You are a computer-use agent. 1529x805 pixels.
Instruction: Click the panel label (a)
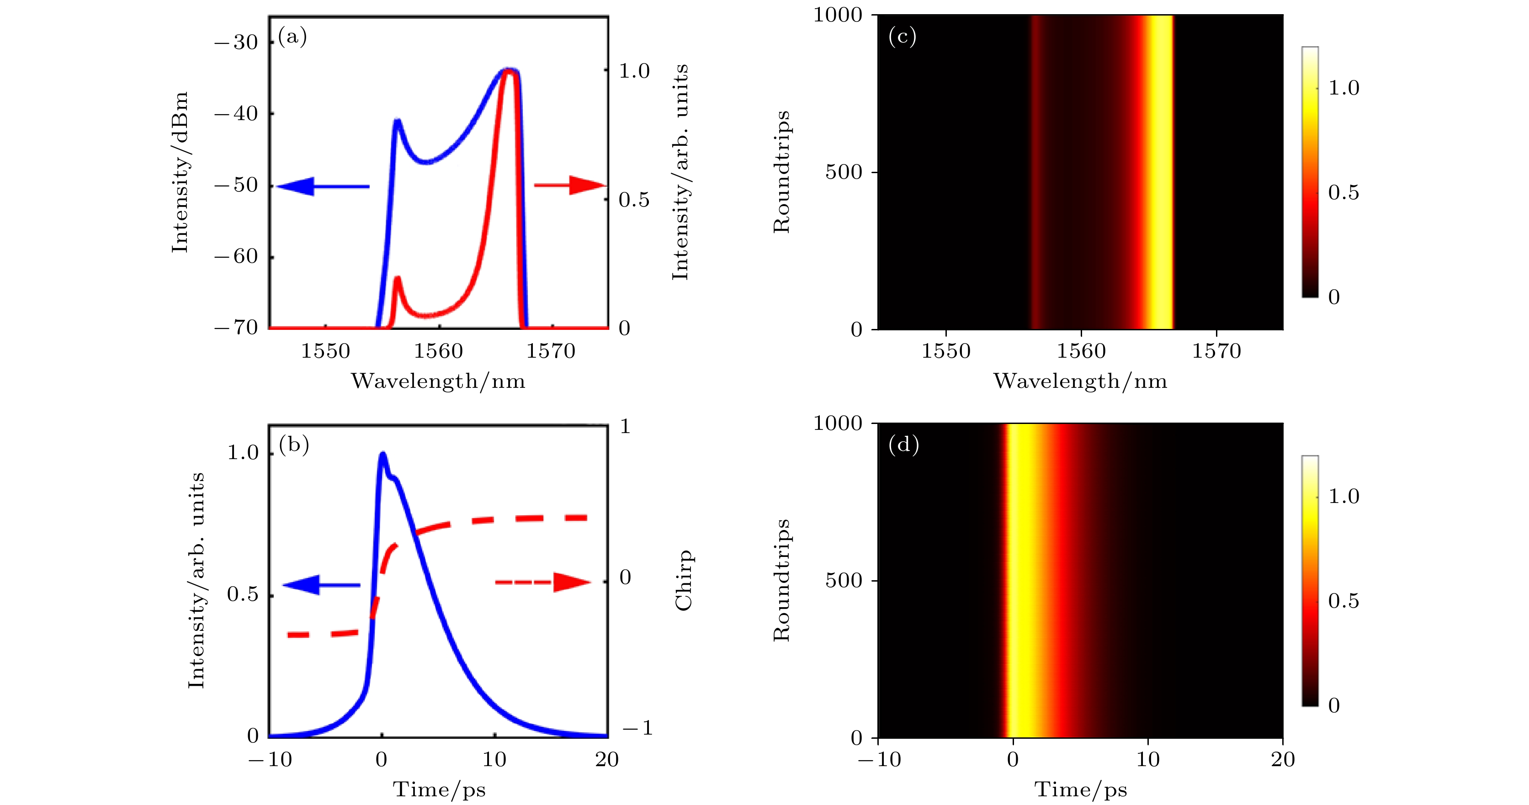292,37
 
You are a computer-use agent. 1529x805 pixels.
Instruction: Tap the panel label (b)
294,445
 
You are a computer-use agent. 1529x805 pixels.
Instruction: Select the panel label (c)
902,37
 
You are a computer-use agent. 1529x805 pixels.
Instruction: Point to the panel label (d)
903,445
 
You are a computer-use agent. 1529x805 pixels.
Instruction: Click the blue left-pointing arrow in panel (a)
322,186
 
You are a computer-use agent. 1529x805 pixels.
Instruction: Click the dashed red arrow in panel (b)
542,582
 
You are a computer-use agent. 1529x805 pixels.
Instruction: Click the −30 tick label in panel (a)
236,42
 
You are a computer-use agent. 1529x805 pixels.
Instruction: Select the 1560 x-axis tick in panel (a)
438,351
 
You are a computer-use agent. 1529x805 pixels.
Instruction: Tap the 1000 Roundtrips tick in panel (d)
837,424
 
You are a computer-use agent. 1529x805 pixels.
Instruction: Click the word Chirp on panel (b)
684,580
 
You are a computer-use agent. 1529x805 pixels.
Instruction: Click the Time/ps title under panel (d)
1080,789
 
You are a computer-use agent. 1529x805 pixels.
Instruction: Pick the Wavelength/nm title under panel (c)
1080,381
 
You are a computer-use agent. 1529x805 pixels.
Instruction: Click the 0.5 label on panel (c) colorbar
1343,193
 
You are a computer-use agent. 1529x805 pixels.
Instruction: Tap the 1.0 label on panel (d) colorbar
1343,497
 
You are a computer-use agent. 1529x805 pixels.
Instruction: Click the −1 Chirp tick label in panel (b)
637,728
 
